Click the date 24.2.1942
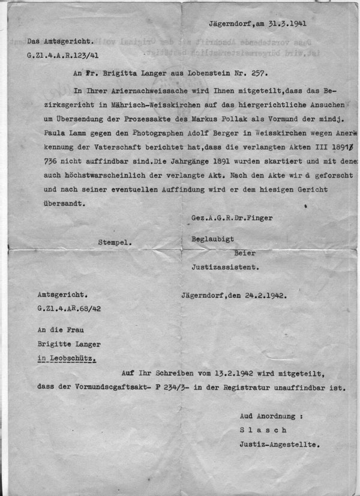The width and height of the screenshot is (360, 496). coord(263,295)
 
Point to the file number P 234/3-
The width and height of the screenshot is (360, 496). coord(205,388)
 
